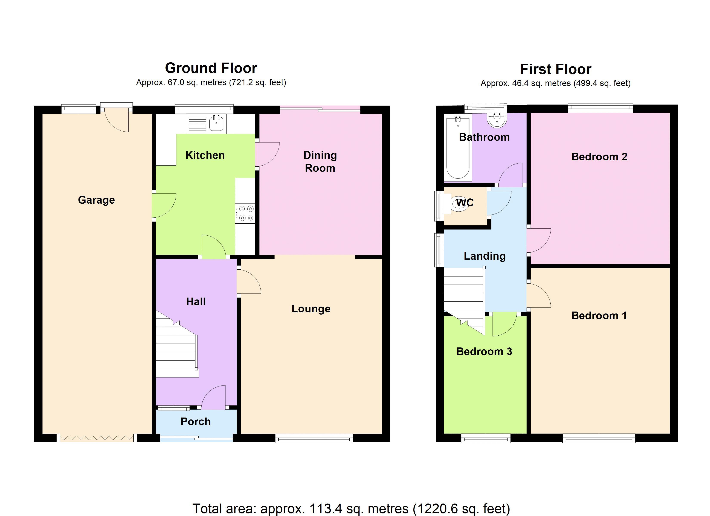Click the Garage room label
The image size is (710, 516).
coord(96,200)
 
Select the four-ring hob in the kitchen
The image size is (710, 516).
coord(245,213)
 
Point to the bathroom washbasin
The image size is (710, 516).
coord(497,120)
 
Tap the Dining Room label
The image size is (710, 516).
coord(320,162)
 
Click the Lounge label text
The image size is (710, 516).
coord(311,309)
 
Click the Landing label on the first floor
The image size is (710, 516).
coord(485,256)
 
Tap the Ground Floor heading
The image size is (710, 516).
coord(211,68)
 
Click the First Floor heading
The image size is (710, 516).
coord(556,69)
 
